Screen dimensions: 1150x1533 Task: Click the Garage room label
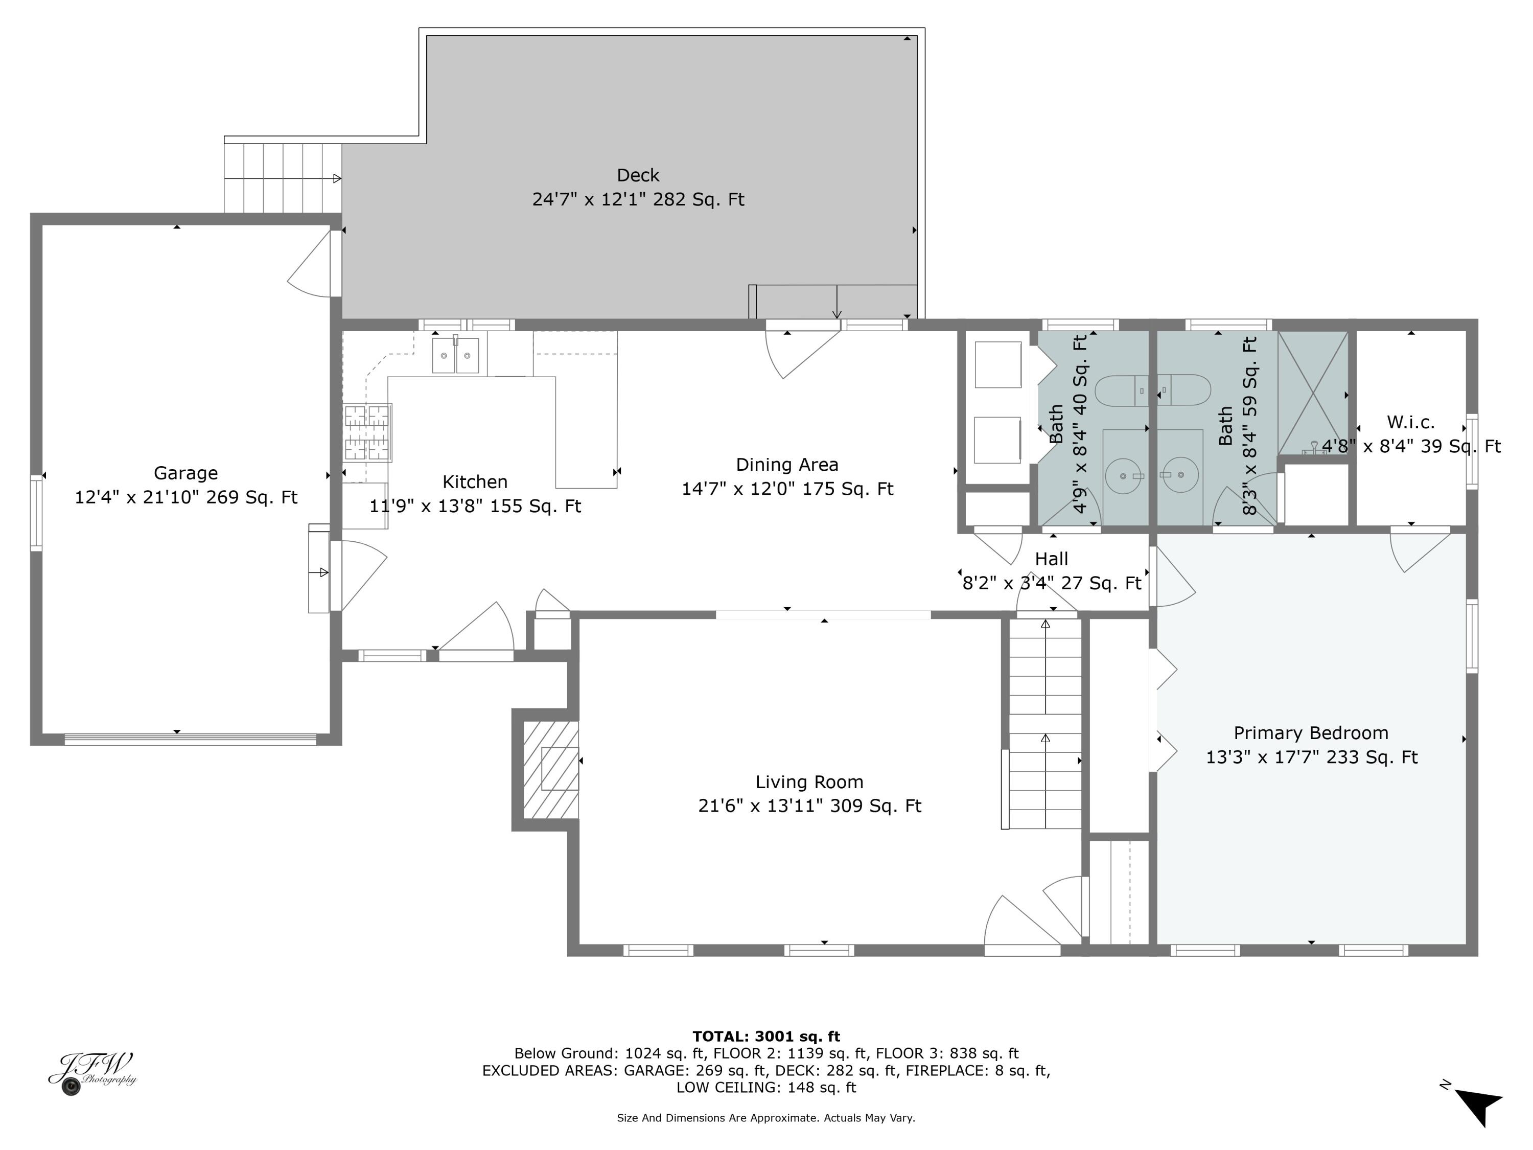point(185,473)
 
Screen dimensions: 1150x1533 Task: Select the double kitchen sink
point(455,356)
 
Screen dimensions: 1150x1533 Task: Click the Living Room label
point(809,782)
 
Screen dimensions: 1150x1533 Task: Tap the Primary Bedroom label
point(1311,733)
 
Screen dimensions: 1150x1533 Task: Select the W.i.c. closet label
point(1410,422)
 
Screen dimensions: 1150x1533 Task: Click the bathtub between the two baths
point(1152,391)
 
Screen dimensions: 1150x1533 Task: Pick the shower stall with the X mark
point(1313,393)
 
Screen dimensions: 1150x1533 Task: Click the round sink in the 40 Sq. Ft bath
point(1123,476)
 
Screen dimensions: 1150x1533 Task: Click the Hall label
point(1051,559)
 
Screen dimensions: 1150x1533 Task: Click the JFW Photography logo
point(92,1072)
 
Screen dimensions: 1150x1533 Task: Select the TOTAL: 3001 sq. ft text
point(766,1037)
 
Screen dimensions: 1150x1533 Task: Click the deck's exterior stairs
point(283,178)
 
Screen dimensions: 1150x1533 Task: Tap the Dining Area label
point(786,465)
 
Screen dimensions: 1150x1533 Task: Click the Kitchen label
point(475,482)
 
